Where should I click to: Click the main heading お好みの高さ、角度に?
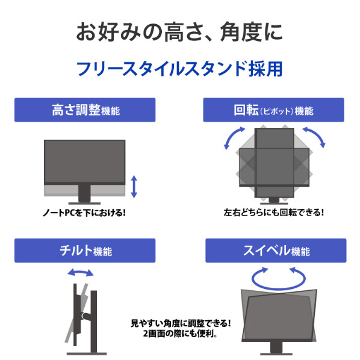[x=179, y=32]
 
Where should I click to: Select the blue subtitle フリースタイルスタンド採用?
[x=179, y=69]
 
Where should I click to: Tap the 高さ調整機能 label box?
[x=85, y=110]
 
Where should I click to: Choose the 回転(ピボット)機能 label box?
[x=273, y=110]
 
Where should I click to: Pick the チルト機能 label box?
[x=85, y=250]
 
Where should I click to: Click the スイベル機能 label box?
[x=276, y=250]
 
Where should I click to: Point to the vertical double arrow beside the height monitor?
[x=134, y=187]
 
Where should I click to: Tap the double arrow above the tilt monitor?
[x=81, y=272]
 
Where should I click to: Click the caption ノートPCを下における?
[x=84, y=213]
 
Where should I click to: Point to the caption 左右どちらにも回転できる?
[x=274, y=213]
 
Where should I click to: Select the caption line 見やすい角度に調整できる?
[x=181, y=323]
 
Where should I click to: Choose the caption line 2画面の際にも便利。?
[x=180, y=334]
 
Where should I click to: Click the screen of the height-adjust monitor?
[x=85, y=161]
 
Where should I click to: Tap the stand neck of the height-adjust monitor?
[x=84, y=193]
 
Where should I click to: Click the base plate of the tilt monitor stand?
[x=87, y=354]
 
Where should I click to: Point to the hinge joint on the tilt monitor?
[x=85, y=316]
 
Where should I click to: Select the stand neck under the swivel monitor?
[x=276, y=347]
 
